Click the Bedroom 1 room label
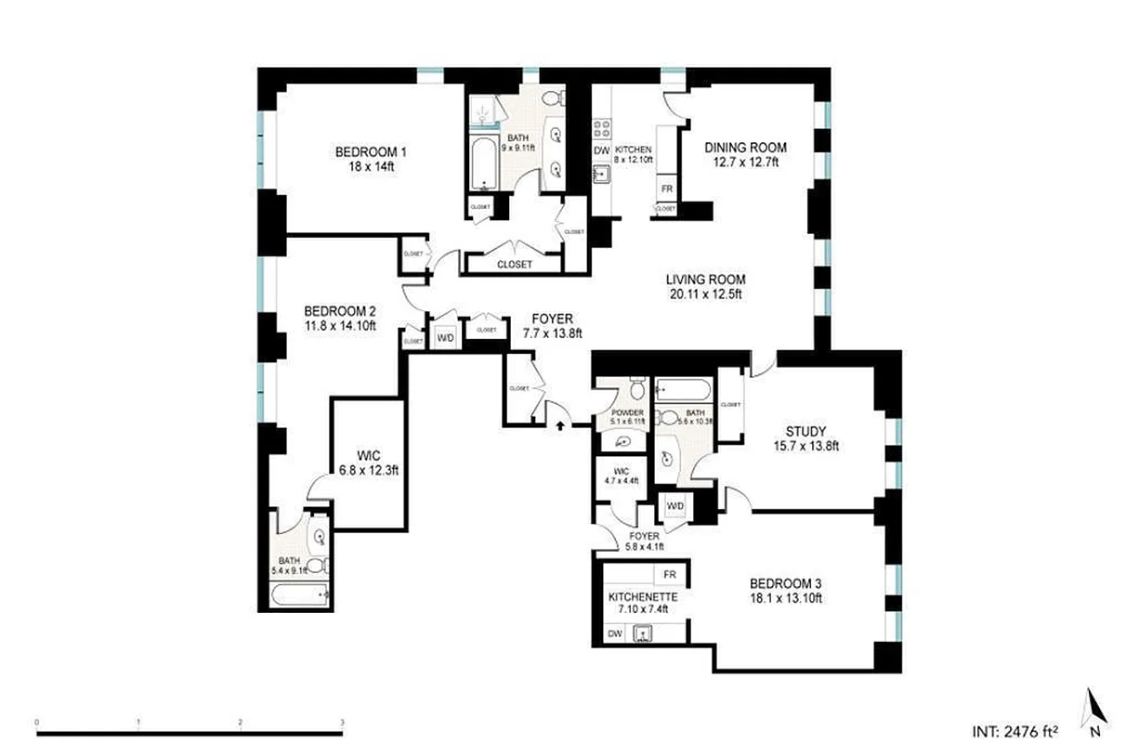click(x=372, y=152)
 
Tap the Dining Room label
click(x=745, y=148)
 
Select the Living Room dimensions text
click(x=705, y=295)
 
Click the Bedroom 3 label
click(x=785, y=584)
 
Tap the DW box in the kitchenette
click(x=614, y=633)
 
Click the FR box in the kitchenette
click(x=669, y=575)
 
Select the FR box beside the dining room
click(x=666, y=189)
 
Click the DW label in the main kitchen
click(x=601, y=150)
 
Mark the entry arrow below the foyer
click(x=560, y=425)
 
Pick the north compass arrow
click(x=1094, y=707)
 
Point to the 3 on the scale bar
click(x=342, y=722)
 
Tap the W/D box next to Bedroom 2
click(x=445, y=338)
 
